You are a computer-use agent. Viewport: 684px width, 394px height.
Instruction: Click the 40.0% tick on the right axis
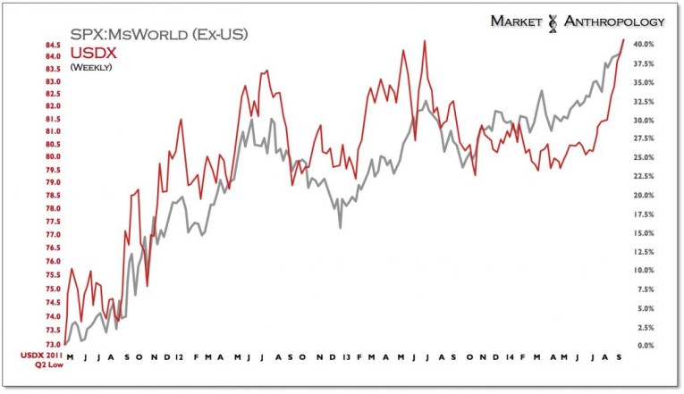point(646,44)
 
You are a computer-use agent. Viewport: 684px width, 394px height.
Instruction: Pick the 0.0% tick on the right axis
point(646,345)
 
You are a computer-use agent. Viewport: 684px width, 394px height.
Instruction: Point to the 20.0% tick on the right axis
point(646,195)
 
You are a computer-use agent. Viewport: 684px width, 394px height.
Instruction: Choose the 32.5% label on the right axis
point(646,100)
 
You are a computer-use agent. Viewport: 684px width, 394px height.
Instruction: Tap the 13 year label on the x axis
point(345,356)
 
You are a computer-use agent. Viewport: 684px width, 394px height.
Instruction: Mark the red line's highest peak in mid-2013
point(424,41)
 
